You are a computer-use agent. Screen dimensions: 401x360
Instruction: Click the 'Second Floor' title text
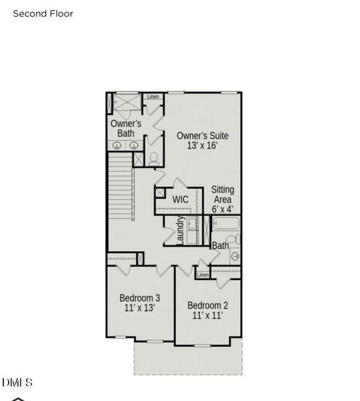tap(43, 13)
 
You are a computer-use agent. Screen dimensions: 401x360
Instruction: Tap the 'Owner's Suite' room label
tap(197, 136)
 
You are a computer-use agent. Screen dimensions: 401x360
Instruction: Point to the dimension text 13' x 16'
tap(197, 146)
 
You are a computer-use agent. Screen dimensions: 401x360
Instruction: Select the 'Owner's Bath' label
tap(126, 128)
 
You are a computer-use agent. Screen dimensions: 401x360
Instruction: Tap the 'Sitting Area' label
tap(223, 194)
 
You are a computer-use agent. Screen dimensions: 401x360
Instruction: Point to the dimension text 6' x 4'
tap(223, 209)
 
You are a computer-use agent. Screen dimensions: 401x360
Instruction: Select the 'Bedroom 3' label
tap(140, 298)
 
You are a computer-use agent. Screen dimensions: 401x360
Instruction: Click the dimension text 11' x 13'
tap(140, 309)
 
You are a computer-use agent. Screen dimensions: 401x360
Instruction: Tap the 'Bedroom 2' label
tap(207, 305)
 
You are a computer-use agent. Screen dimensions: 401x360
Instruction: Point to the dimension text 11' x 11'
tap(207, 315)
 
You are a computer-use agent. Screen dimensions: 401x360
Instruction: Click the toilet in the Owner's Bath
tap(154, 158)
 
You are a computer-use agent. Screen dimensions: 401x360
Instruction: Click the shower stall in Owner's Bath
tap(126, 105)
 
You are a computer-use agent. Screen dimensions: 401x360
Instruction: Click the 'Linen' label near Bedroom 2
tap(203, 275)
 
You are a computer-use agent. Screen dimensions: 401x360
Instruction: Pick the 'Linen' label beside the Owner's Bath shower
tap(153, 98)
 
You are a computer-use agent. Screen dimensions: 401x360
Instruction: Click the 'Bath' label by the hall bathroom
tap(220, 246)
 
